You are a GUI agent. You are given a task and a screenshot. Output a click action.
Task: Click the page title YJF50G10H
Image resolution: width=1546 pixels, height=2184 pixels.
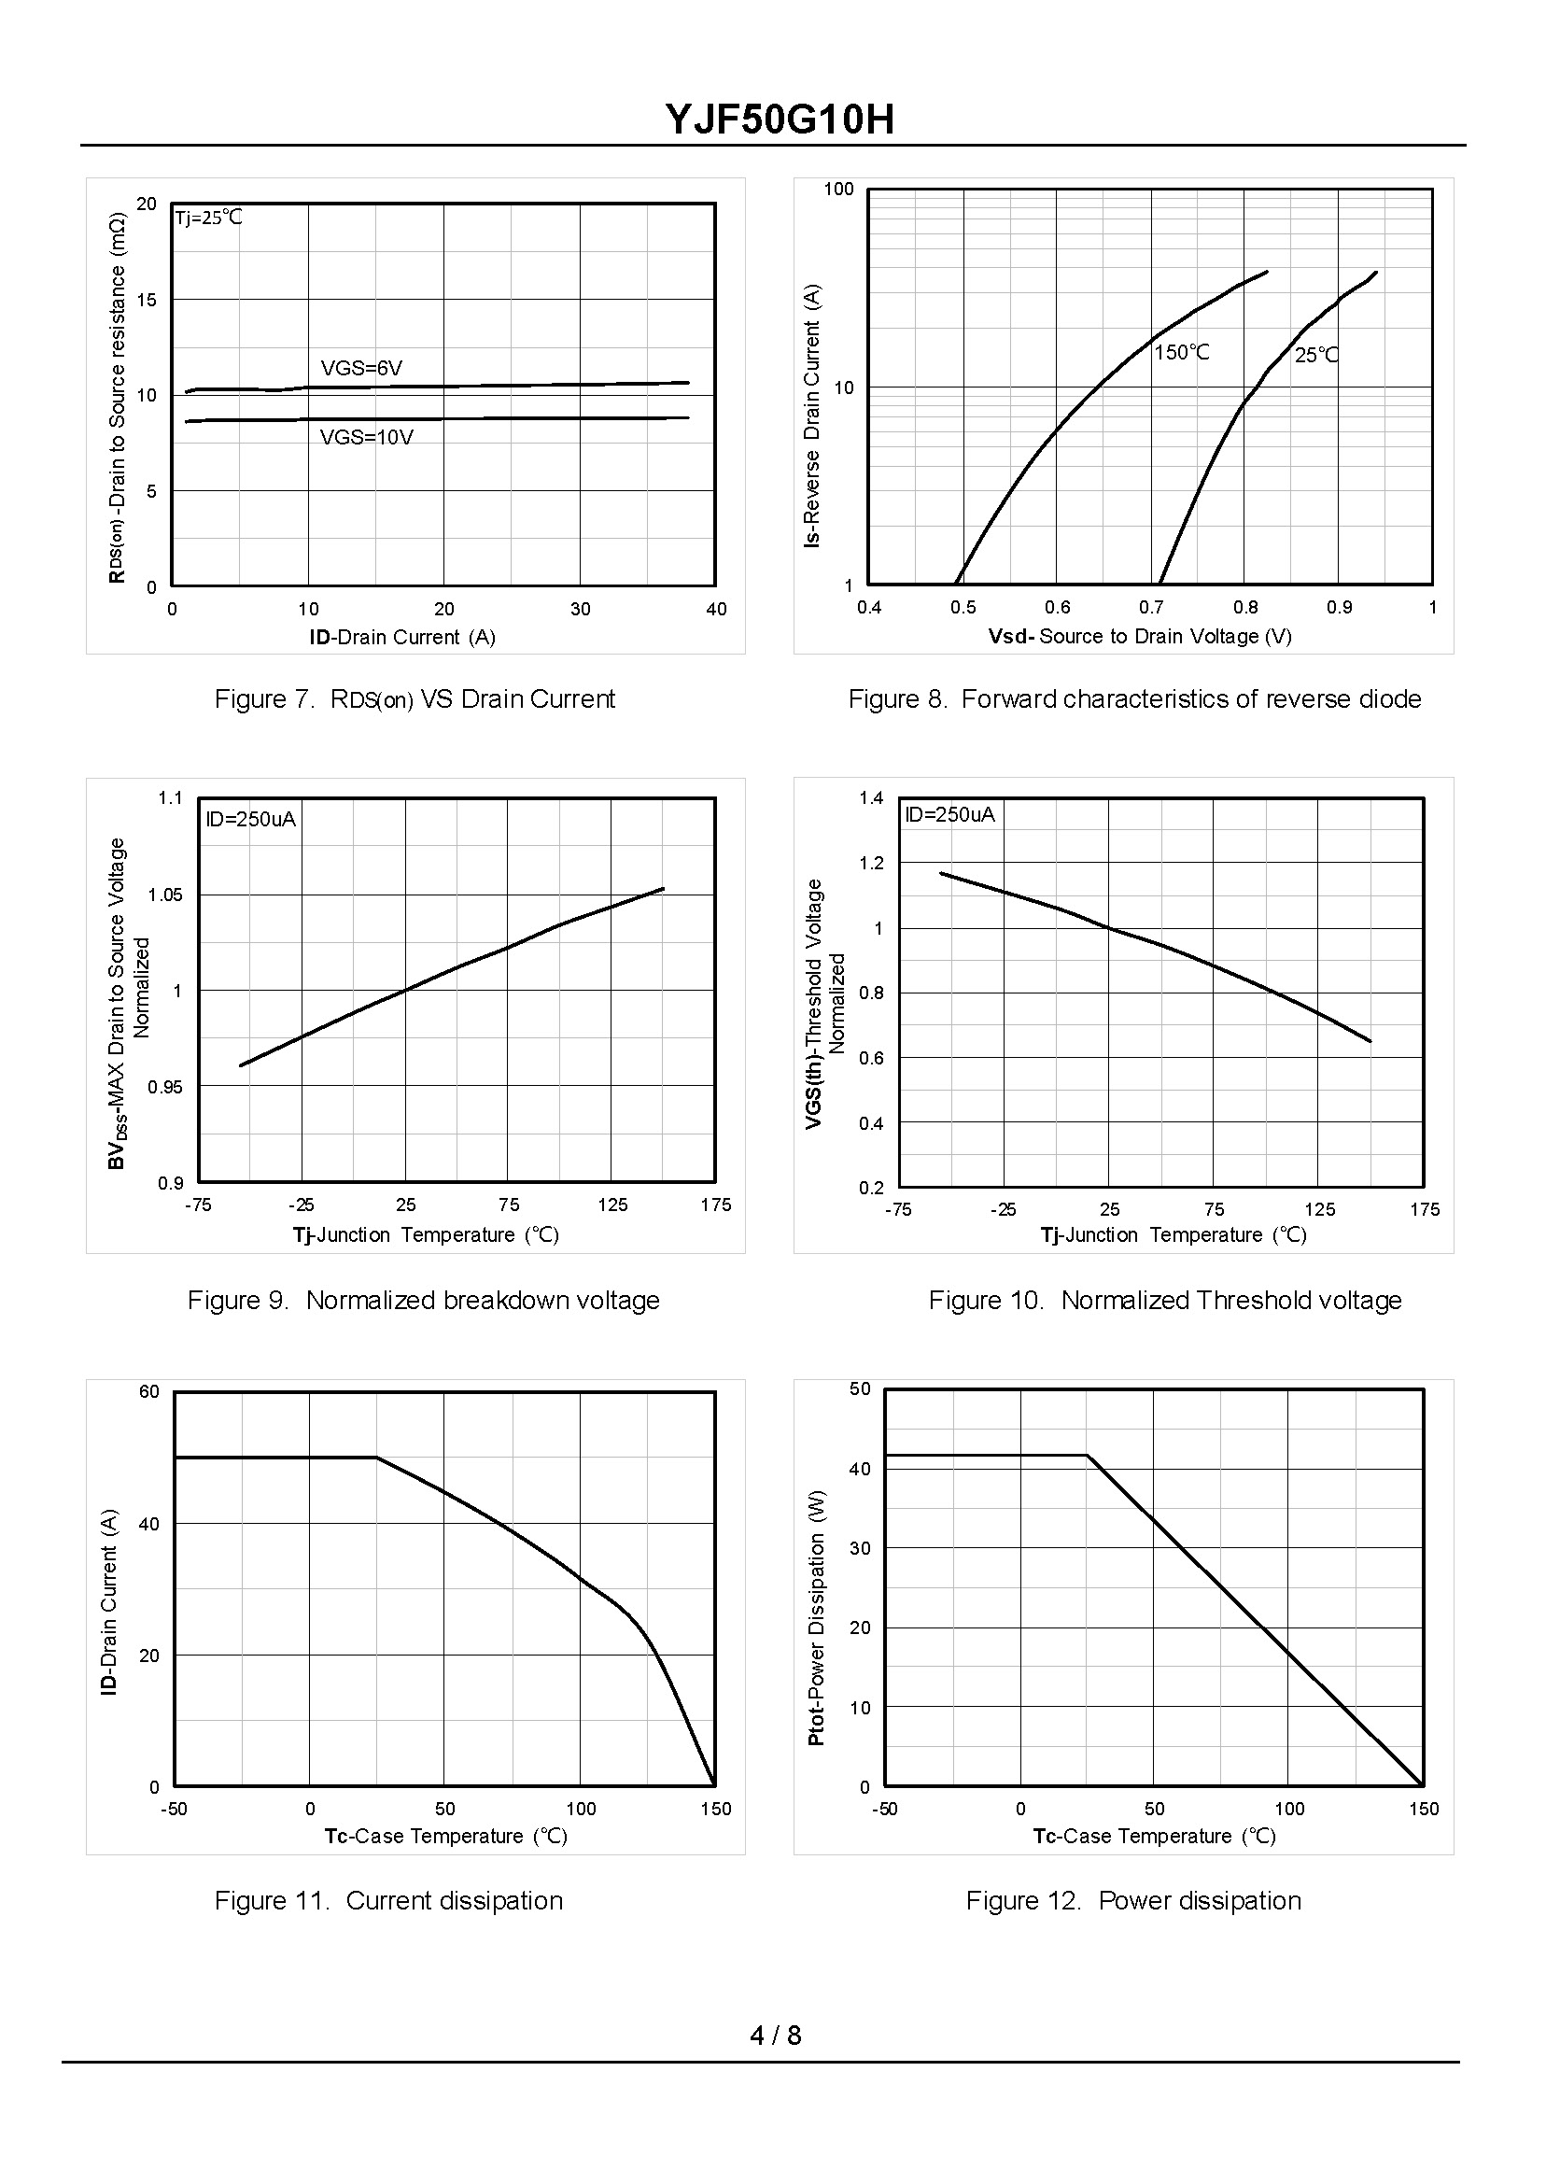(779, 120)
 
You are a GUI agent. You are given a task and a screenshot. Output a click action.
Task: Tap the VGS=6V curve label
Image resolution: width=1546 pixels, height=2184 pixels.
(361, 369)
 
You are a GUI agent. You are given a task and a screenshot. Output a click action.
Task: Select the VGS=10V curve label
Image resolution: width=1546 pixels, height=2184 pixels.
(367, 438)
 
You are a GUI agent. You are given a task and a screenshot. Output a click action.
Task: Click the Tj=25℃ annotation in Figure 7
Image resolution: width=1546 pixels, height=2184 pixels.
(208, 218)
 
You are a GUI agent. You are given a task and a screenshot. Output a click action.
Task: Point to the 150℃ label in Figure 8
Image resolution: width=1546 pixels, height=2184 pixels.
(1181, 353)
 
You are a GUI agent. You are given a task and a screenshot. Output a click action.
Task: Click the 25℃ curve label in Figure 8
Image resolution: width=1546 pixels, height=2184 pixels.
(1315, 356)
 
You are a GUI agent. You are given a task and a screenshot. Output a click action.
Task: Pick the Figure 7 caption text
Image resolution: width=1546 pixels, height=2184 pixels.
(415, 699)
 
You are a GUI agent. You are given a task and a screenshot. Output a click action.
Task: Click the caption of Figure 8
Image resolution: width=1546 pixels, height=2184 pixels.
(1133, 699)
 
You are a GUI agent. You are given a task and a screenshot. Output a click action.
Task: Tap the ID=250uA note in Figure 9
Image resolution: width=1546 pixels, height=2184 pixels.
(251, 820)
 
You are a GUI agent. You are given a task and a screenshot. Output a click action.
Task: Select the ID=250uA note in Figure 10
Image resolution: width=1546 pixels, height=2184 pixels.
(949, 815)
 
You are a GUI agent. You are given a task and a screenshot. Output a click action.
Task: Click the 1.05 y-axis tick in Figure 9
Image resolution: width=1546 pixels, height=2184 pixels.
(164, 895)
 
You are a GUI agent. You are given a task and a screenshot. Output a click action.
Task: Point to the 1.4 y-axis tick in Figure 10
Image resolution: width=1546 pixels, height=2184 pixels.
(871, 797)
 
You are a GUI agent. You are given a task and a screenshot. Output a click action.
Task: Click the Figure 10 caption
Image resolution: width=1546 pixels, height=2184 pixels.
(1164, 1301)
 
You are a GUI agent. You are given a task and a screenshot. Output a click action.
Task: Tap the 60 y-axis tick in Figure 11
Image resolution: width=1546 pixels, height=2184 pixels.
(149, 1392)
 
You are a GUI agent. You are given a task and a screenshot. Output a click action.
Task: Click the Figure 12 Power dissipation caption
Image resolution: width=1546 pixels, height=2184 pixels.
(1132, 1901)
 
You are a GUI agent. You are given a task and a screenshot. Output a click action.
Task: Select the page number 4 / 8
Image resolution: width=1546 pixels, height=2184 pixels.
(776, 2036)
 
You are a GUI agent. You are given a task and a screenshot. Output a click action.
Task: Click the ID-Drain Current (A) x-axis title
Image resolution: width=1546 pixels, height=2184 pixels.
(401, 638)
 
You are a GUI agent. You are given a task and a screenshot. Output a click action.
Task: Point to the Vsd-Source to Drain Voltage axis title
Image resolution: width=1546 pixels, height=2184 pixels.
(1140, 637)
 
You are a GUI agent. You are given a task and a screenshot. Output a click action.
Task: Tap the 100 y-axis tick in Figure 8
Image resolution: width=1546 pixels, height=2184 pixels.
(838, 190)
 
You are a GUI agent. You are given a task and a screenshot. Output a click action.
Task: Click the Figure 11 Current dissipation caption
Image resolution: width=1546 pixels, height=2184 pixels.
(388, 1901)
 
